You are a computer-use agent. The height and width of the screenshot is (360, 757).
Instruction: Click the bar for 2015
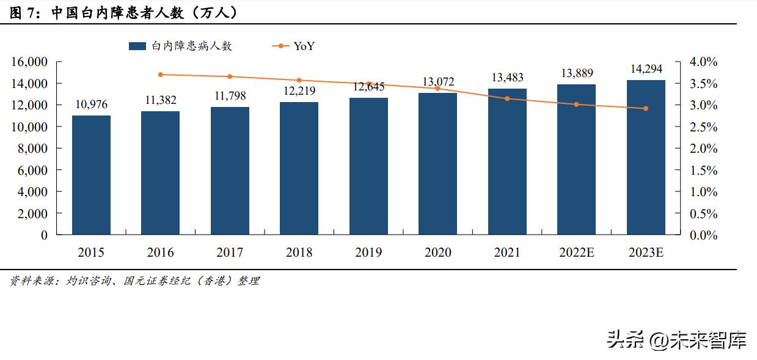coord(91,175)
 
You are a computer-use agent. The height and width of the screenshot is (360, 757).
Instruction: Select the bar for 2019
coord(368,166)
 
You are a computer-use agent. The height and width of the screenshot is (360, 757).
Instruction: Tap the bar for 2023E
coord(646,157)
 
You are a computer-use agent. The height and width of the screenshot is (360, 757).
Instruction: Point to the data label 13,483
coord(507,78)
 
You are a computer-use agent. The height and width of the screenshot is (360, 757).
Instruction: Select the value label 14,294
coord(646,69)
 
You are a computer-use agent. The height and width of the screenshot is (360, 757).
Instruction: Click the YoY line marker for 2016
coord(161,75)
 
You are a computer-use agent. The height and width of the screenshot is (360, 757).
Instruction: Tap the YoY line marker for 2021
coord(507,98)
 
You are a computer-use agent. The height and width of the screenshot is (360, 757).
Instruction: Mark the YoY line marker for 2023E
coord(646,109)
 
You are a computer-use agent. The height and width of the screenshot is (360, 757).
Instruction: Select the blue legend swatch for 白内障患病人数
coord(137,46)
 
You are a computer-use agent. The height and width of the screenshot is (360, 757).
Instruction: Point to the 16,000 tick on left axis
coord(29,62)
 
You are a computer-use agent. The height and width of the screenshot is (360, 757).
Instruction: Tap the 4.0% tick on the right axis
coord(703,62)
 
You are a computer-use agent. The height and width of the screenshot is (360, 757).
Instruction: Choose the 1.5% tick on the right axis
coord(703,171)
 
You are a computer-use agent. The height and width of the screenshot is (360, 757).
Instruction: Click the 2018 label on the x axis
coord(299,252)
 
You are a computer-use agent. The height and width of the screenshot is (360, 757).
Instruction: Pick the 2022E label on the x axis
coord(576,252)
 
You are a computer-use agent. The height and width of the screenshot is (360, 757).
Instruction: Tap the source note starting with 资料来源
coord(134,281)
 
